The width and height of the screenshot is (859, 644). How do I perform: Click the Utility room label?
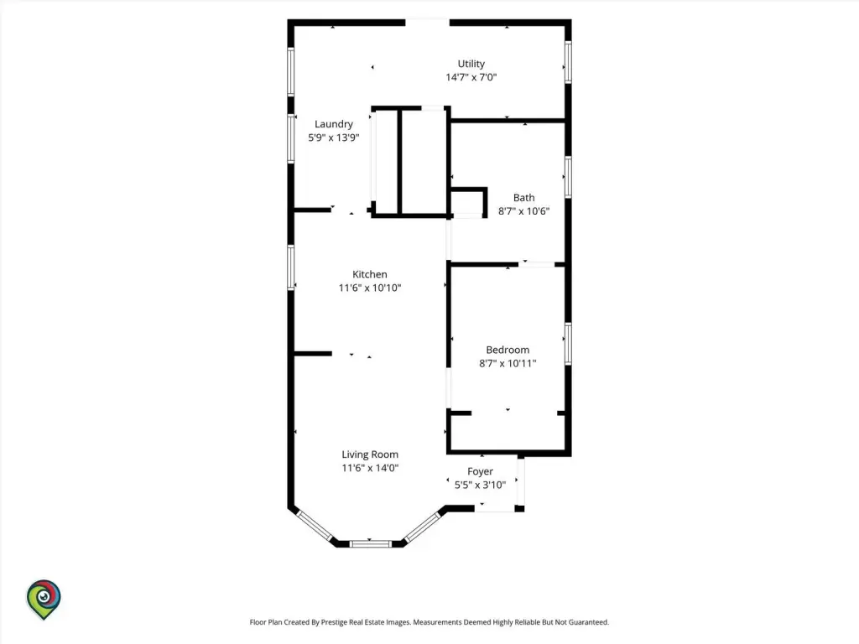click(x=471, y=64)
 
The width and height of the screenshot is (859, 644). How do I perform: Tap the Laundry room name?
click(x=334, y=124)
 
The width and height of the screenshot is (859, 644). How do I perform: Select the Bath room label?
click(x=523, y=198)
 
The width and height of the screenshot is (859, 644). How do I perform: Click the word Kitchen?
click(x=370, y=274)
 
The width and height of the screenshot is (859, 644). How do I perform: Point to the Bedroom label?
click(x=508, y=350)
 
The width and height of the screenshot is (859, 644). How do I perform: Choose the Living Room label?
click(x=370, y=454)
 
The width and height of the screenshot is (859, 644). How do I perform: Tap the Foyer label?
click(x=480, y=471)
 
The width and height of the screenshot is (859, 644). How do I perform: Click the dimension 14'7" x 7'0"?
click(x=471, y=77)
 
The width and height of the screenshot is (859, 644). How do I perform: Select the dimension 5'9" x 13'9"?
click(x=334, y=138)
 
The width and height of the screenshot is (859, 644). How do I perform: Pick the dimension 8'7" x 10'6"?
click(x=523, y=211)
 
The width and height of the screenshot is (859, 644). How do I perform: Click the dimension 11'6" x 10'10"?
click(x=370, y=288)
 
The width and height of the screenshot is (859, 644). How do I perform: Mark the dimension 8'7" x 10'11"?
click(x=508, y=363)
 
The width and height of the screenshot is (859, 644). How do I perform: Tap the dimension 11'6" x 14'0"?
click(x=370, y=468)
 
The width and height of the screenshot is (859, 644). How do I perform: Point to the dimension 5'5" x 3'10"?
click(x=480, y=486)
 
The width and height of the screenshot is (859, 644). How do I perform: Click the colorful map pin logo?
click(x=44, y=600)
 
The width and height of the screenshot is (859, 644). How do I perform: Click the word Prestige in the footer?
click(x=334, y=623)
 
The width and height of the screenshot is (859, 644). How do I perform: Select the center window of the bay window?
click(x=370, y=543)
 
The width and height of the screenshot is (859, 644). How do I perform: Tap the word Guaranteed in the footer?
click(x=588, y=623)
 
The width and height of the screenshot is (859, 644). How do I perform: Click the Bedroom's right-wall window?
click(x=568, y=344)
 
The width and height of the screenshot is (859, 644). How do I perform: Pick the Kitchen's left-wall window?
click(x=291, y=267)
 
